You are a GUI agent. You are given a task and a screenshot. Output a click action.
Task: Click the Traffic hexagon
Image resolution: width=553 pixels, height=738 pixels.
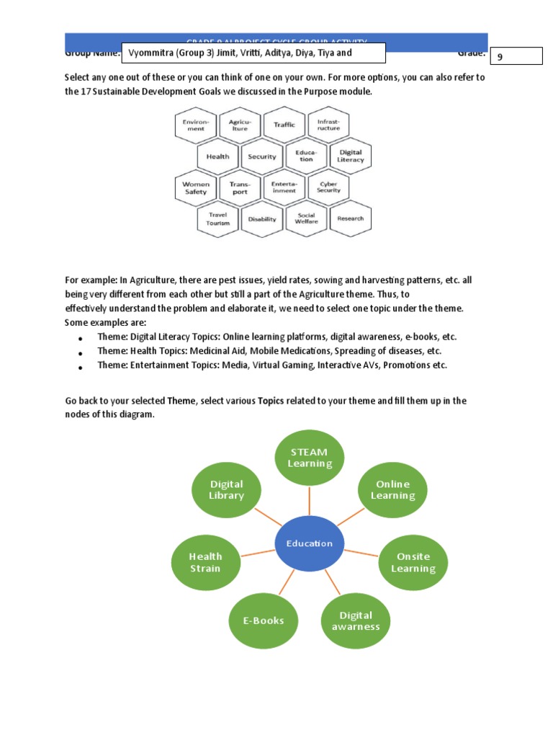coord(284,125)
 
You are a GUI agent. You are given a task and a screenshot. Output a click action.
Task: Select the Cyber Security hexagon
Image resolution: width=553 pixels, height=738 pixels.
coord(328,187)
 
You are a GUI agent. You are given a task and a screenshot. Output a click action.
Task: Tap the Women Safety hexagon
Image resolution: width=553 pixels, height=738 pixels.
coord(196,187)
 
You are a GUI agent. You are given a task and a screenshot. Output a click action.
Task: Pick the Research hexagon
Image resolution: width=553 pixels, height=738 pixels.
coord(351,218)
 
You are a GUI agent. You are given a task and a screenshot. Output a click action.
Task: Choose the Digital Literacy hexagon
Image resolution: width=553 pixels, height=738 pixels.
coord(351,156)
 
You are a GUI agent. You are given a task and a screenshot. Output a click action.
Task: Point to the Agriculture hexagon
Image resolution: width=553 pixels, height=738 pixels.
coord(240,125)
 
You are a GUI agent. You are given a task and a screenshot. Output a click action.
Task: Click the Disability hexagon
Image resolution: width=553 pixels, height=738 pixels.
coord(262,218)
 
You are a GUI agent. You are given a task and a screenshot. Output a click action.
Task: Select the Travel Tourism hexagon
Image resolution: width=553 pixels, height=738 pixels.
coord(218,218)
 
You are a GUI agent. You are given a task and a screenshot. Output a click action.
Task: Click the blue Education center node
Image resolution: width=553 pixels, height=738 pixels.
coord(310,543)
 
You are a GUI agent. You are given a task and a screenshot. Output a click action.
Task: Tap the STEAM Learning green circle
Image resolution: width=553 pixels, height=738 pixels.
coord(310,458)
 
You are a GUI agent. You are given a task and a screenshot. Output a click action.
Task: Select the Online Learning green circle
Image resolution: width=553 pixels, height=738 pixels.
coord(393,489)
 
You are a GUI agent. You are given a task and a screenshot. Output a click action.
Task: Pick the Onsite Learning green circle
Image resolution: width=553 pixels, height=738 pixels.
coord(413,562)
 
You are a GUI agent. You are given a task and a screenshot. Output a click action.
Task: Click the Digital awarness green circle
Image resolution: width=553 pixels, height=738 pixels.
coord(356,621)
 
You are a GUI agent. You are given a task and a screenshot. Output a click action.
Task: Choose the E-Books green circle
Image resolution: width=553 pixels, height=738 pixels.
coord(264,620)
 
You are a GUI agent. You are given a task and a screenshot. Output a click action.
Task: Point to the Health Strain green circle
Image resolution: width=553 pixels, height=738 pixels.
coord(206,562)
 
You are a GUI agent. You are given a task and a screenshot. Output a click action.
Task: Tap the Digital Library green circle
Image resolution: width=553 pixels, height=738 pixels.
coord(227,489)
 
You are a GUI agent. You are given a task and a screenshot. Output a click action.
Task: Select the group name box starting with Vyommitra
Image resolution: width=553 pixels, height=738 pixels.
coord(254,53)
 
